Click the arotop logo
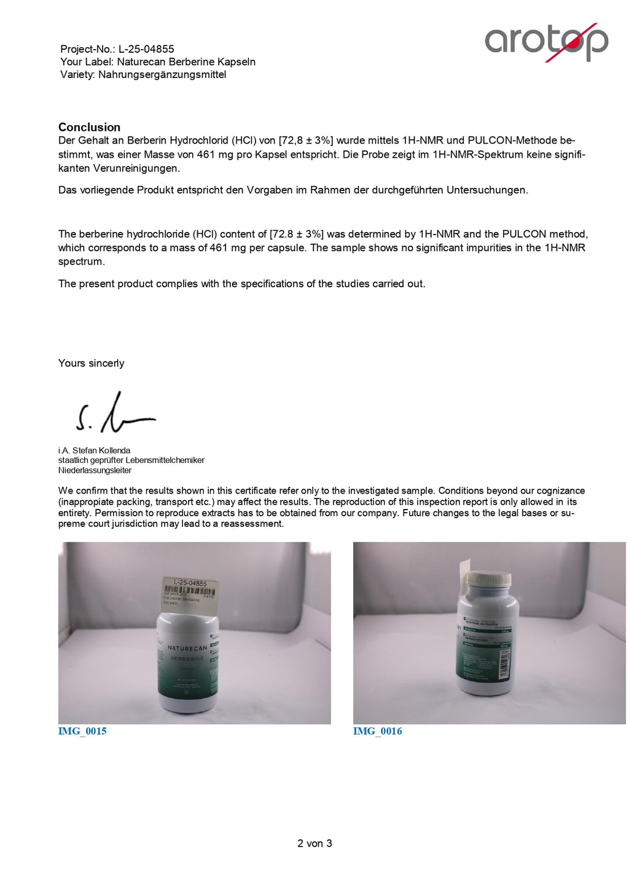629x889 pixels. click(x=546, y=41)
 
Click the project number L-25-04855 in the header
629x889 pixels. click(x=146, y=49)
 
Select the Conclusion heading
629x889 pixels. click(x=89, y=127)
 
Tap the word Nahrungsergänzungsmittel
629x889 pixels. click(x=162, y=75)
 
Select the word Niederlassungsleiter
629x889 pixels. click(x=95, y=470)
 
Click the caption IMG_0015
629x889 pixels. click(x=82, y=731)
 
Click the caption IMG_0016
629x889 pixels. click(x=377, y=731)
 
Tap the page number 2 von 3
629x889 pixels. click(x=314, y=844)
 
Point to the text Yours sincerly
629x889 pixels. click(x=91, y=363)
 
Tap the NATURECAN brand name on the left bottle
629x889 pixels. click(x=187, y=648)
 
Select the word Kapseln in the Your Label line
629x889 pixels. click(x=236, y=62)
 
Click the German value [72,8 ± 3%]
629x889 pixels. click(x=305, y=141)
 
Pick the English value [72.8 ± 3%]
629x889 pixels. click(x=296, y=234)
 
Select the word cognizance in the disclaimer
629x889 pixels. click(x=560, y=491)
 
